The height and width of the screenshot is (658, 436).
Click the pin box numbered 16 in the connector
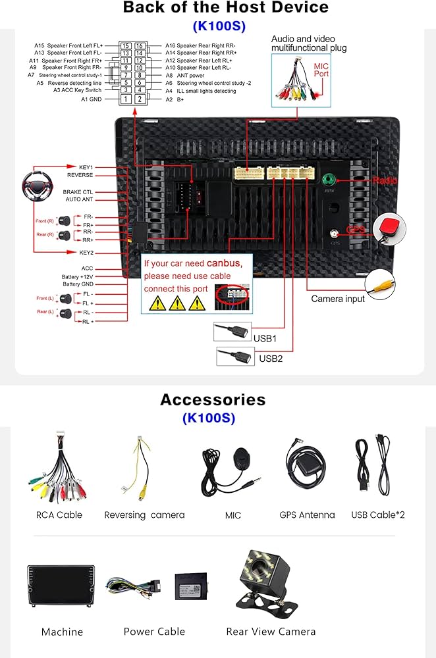click(140, 45)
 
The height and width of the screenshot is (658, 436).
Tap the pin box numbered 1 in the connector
click(126, 99)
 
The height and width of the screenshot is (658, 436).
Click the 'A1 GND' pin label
click(92, 99)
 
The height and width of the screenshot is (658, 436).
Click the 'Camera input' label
click(338, 299)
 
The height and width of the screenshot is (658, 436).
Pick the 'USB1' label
click(265, 338)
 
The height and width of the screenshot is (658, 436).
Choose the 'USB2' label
click(270, 359)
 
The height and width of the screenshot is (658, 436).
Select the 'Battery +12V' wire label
click(78, 276)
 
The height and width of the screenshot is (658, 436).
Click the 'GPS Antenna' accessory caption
click(307, 515)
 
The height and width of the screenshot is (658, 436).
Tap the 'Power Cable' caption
click(154, 632)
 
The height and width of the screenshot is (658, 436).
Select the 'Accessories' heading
click(213, 399)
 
